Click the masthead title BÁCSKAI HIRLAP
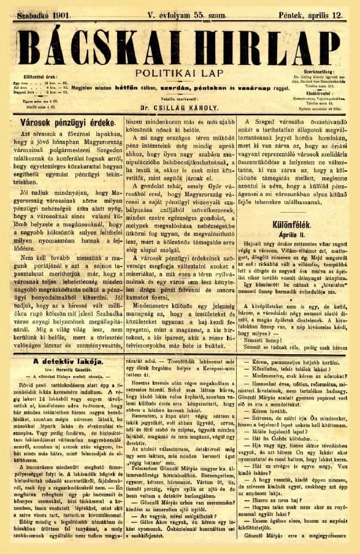click(180, 45)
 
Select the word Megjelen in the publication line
click(86, 88)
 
